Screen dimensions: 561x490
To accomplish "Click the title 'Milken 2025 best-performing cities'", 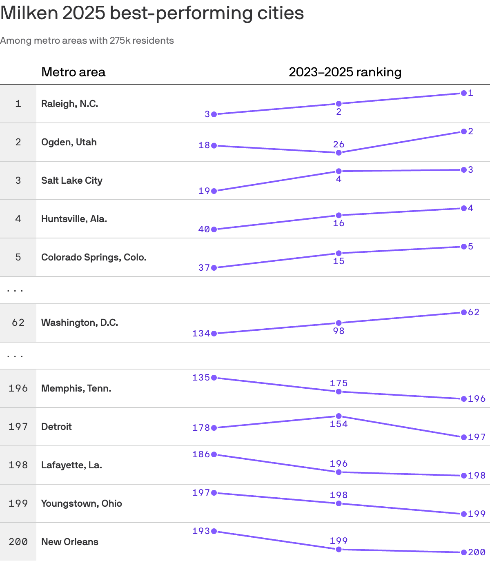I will (x=152, y=13).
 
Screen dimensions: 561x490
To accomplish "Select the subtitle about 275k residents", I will (x=87, y=40).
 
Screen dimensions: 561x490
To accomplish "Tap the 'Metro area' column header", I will (x=73, y=72).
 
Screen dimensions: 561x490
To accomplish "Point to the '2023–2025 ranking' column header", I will (x=345, y=72).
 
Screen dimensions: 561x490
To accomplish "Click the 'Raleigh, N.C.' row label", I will (x=70, y=104).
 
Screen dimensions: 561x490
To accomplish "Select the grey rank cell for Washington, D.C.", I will (x=18, y=323).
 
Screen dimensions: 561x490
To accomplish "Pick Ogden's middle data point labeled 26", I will (x=339, y=153).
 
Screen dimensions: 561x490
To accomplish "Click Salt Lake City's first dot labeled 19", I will (x=214, y=191).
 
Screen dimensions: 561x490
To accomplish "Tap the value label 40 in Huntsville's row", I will (x=204, y=229).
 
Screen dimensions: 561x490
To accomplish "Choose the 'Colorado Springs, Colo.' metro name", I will (x=94, y=257).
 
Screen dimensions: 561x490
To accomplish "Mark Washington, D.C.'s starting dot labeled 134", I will (x=214, y=334).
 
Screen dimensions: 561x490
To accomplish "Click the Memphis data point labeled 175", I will (x=339, y=392).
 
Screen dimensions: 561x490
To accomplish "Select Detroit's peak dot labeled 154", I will (x=339, y=416).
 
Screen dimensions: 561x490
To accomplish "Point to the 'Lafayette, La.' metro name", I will (x=72, y=465).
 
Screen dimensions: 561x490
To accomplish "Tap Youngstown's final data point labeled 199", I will (x=464, y=514).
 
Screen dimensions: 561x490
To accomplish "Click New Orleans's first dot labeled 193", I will (x=214, y=531).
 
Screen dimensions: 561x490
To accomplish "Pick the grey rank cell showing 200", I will (x=18, y=542).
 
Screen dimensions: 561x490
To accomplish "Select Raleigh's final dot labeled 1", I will (x=464, y=93).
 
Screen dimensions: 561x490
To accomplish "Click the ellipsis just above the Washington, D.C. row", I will (x=15, y=290).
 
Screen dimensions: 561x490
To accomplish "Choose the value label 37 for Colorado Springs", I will (x=204, y=268).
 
